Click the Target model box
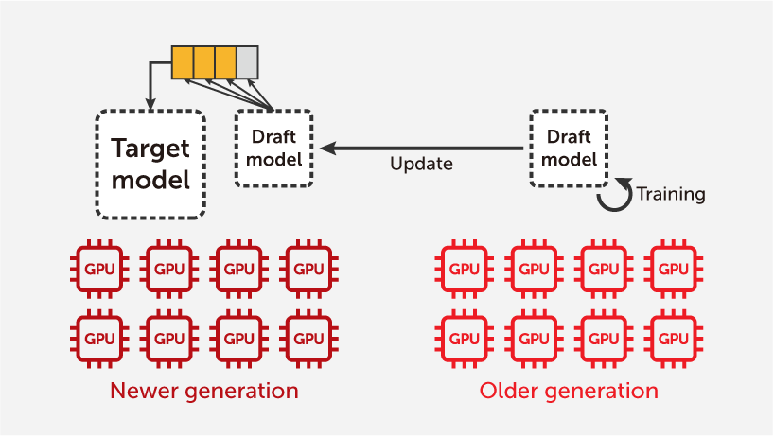[151, 164]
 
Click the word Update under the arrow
[421, 165]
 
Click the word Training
[670, 195]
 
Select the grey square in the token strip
[247, 61]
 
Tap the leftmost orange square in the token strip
[182, 61]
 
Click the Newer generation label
[203, 391]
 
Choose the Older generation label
[569, 391]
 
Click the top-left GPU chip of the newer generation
[99, 270]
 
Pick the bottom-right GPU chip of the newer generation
[309, 337]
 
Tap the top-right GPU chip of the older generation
[673, 270]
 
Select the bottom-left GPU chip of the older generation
[464, 337]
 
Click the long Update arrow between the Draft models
[421, 149]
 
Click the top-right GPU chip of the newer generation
[309, 270]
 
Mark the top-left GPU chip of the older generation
[464, 270]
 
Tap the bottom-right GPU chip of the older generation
[673, 337]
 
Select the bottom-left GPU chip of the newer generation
[99, 337]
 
